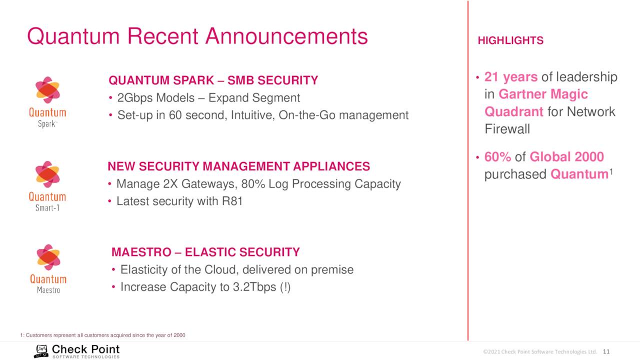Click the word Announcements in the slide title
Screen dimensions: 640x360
286,36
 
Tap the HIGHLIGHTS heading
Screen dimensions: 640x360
510,40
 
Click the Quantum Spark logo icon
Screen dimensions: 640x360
47,90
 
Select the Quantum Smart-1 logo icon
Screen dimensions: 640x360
47,174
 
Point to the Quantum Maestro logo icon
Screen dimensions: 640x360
48,257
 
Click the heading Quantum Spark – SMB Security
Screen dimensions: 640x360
213,80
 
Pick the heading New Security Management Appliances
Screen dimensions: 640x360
239,166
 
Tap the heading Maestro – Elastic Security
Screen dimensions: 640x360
205,252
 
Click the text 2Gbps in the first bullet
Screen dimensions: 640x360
135,98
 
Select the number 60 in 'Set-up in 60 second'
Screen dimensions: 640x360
175,115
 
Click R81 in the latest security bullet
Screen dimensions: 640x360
232,201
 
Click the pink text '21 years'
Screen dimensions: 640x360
511,77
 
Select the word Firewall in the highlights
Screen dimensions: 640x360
507,129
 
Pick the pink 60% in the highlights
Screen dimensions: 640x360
497,157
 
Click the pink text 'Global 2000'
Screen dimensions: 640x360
566,157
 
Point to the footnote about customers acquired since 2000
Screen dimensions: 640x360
103,335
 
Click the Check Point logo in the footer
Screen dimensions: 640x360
76,351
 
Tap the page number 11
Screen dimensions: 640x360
606,351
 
